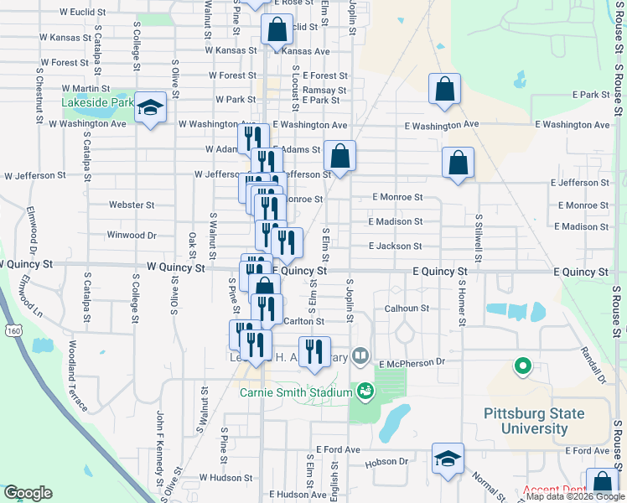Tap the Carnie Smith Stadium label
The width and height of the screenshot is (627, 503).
tap(295, 392)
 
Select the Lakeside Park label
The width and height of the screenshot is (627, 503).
tap(97, 102)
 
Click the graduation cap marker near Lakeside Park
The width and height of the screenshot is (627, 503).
tap(151, 108)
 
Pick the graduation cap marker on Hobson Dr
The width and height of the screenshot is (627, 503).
tap(448, 459)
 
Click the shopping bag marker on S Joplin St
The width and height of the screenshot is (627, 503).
tap(339, 157)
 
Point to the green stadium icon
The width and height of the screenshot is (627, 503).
tap(365, 390)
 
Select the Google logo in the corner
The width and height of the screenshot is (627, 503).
tap(28, 493)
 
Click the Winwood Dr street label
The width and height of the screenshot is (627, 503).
tap(131, 236)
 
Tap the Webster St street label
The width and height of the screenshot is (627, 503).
tap(132, 205)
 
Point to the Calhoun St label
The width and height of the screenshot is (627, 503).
tap(407, 309)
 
